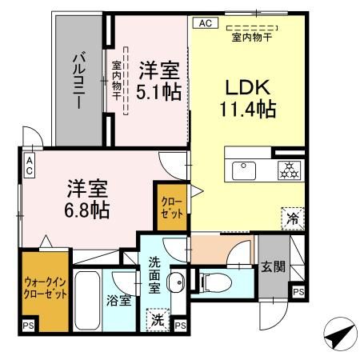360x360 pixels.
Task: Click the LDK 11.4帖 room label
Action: tap(249, 97)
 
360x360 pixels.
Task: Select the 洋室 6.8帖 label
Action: tap(88, 201)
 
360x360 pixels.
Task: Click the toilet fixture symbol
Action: tap(214, 281)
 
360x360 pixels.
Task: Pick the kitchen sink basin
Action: tap(242, 170)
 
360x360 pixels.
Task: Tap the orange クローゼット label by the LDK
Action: tap(170, 207)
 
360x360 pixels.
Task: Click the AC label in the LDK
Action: tap(202, 24)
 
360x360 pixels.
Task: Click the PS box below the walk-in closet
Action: tap(28, 325)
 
